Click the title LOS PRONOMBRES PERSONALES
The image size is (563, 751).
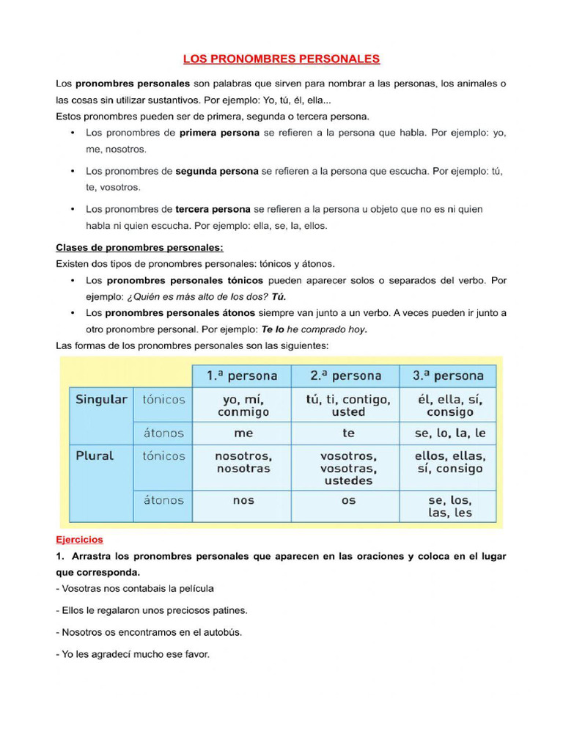[281, 59]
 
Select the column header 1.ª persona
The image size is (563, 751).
[242, 376]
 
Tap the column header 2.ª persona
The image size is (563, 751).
[345, 376]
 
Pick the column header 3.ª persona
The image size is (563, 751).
[448, 376]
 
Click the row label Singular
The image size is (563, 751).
[101, 400]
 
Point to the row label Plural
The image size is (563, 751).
[95, 455]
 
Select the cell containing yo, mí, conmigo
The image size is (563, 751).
[243, 406]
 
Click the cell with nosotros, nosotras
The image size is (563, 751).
[243, 462]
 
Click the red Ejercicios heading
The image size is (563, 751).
[80, 540]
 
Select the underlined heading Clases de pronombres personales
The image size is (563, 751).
[139, 248]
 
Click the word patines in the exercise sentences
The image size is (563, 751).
[228, 610]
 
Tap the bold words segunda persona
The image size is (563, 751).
[217, 172]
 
